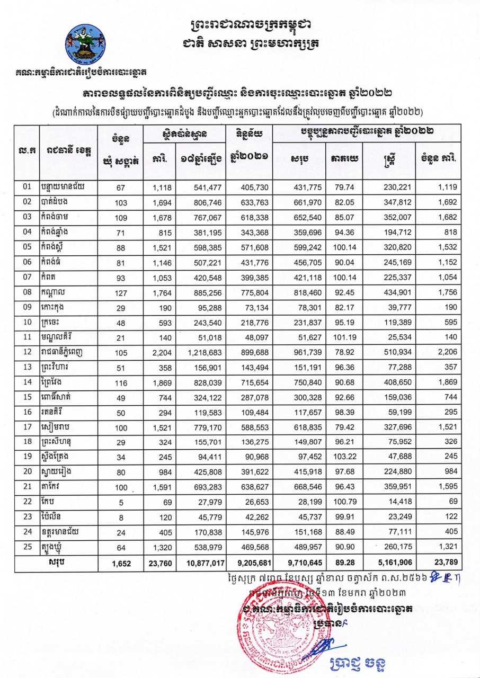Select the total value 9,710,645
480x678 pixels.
coord(299,563)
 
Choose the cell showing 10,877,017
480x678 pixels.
coord(202,563)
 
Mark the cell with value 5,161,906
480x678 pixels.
coord(395,563)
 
